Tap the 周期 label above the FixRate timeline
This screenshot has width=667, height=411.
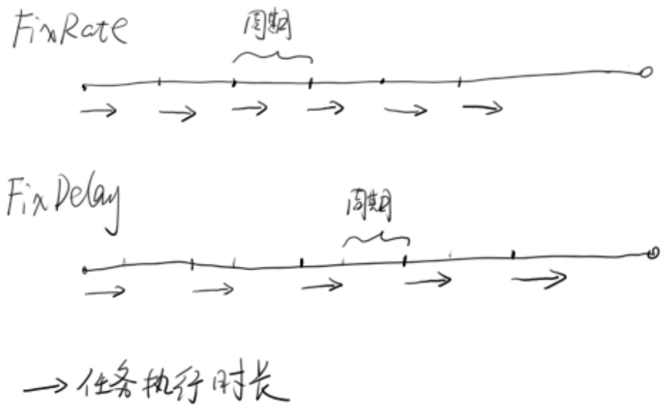[x=267, y=28]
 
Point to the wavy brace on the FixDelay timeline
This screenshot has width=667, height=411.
[x=376, y=238]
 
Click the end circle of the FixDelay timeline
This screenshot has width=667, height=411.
[x=653, y=253]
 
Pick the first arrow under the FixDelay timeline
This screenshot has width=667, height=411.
[x=105, y=292]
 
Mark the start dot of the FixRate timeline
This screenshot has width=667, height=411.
[x=84, y=87]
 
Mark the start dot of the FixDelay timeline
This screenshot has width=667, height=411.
[x=85, y=270]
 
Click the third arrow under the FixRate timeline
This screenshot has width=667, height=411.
[x=250, y=109]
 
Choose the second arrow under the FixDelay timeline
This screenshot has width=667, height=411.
[x=213, y=290]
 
